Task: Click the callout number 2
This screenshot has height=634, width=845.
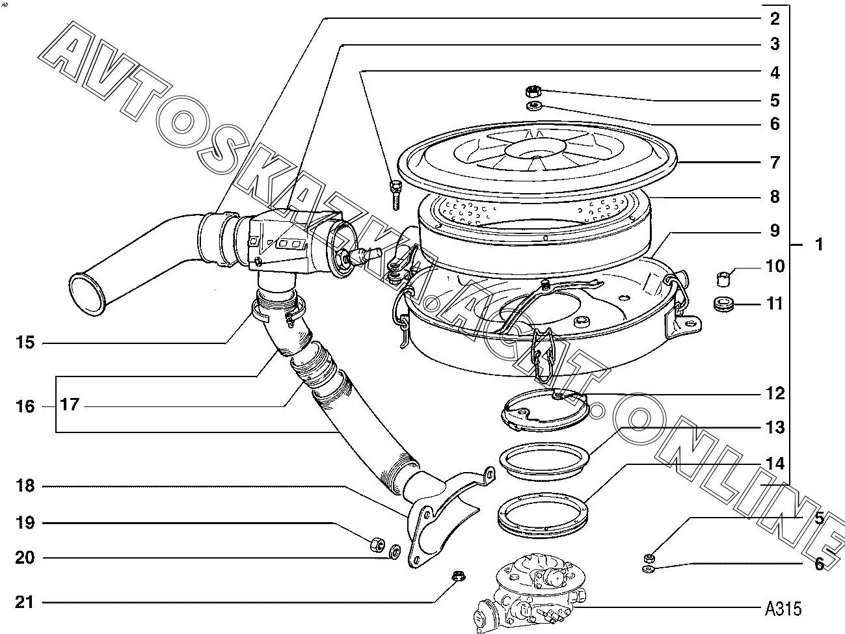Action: (774, 18)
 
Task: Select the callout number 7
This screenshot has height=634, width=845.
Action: (774, 162)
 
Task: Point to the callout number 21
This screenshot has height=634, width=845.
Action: (24, 602)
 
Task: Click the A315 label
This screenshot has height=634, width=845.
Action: (783, 609)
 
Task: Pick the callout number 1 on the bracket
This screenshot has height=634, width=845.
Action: (819, 244)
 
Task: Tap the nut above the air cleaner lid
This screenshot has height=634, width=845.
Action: (534, 91)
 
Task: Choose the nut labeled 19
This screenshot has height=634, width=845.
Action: (377, 544)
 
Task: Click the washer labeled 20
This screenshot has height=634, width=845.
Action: (394, 553)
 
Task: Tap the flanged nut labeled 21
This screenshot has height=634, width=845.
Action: (458, 575)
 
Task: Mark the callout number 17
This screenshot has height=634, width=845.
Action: (69, 405)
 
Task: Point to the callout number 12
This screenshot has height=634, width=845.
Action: (774, 393)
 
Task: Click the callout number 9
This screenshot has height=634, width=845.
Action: (774, 231)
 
